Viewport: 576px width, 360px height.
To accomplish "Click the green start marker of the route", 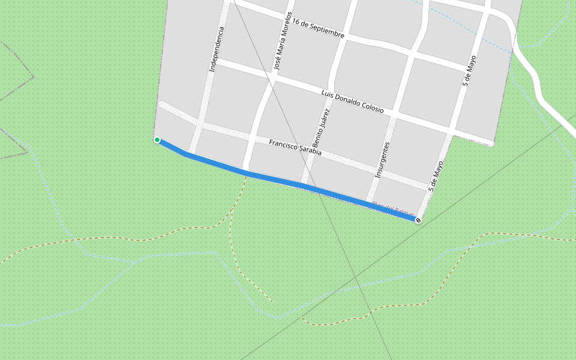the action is tap(157, 140).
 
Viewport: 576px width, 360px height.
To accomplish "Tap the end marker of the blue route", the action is tap(418, 220).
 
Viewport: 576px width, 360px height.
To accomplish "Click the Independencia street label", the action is tap(217, 50).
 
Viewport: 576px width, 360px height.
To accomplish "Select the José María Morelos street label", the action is tap(282, 41).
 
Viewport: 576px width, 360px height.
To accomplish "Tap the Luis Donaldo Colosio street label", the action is tap(352, 102).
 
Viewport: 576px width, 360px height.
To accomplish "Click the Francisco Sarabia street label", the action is tap(295, 148).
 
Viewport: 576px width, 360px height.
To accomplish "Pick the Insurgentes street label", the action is tap(382, 160).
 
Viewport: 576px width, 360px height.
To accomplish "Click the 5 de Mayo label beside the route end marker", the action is tap(436, 176).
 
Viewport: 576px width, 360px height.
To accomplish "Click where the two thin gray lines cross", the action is tap(355, 278).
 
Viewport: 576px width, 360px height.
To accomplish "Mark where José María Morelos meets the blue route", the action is tap(247, 172).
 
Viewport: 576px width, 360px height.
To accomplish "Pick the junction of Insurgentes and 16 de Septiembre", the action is tap(413, 53).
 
